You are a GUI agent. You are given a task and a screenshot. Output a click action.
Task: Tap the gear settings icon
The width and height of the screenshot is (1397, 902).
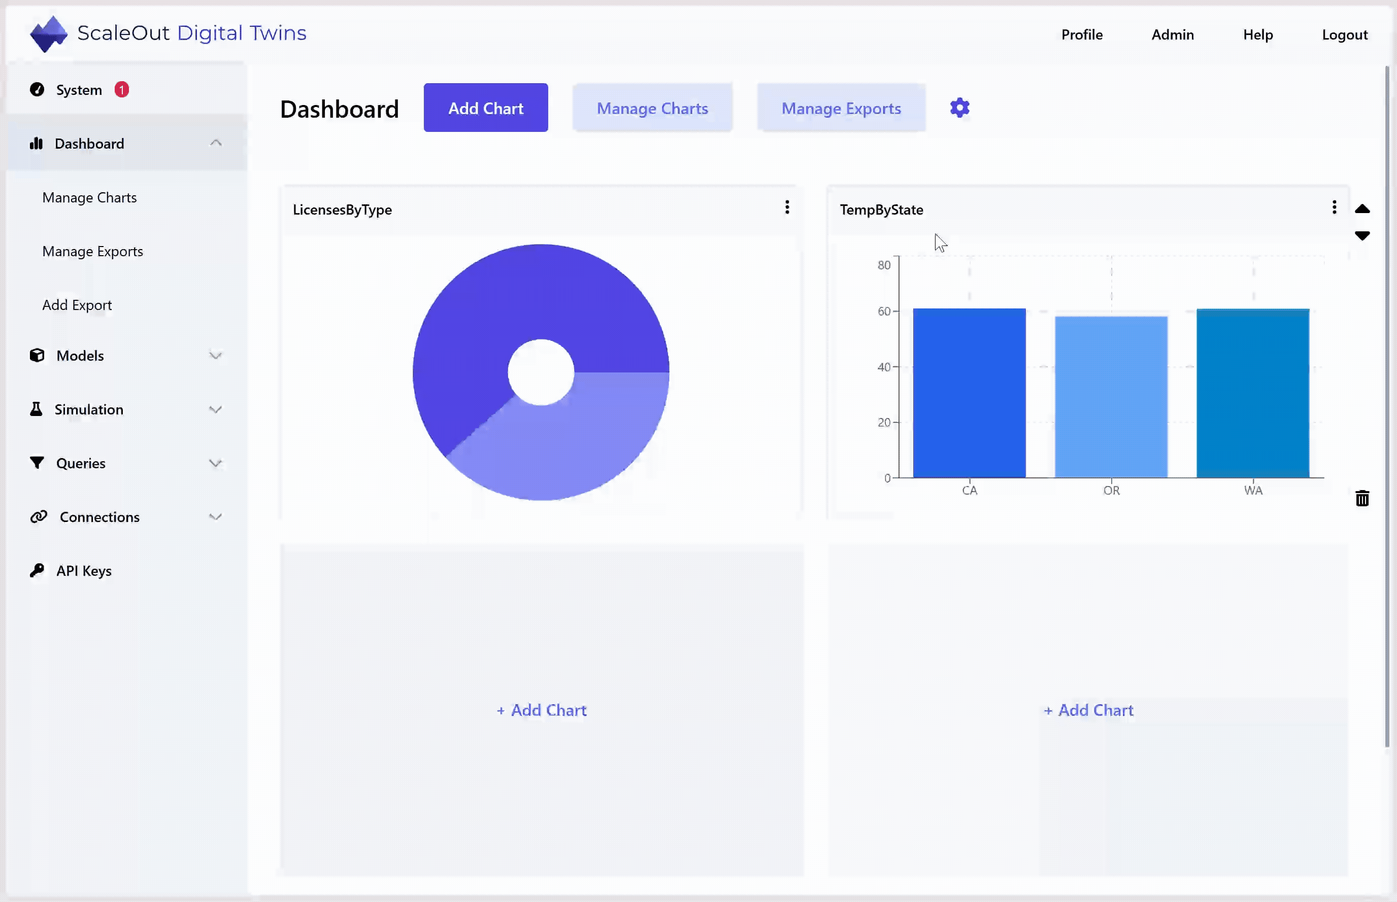[959, 108]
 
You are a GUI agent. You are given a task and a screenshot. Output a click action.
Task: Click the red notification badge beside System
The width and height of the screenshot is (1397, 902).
[121, 90]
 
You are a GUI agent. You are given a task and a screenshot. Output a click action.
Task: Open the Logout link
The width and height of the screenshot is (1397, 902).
[1344, 34]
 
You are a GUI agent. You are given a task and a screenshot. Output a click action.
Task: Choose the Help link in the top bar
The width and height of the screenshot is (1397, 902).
[1257, 34]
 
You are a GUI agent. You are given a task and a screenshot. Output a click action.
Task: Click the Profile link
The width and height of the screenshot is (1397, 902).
[1082, 34]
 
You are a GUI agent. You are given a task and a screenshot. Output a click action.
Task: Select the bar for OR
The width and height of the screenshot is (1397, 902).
[1111, 397]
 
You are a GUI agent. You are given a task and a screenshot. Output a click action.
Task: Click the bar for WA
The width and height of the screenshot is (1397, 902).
[1253, 393]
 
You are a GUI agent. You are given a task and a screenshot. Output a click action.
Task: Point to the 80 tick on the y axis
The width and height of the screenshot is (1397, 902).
[884, 265]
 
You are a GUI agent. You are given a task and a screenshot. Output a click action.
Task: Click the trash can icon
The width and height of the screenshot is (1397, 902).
[1362, 499]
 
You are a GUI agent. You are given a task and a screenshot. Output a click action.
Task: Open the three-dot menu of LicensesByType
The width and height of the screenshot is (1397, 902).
[787, 207]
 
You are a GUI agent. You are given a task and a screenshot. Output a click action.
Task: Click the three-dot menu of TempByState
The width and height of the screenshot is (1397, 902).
[1334, 207]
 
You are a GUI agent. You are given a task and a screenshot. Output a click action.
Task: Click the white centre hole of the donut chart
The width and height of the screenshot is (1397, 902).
[541, 372]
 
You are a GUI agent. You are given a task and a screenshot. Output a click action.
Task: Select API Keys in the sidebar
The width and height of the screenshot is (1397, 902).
[84, 571]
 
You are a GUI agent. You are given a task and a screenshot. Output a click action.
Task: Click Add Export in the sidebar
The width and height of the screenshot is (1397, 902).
[77, 305]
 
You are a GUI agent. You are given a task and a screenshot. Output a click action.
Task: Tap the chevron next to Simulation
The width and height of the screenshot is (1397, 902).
[215, 409]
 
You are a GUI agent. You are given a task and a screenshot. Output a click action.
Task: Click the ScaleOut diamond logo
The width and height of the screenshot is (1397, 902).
[49, 34]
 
